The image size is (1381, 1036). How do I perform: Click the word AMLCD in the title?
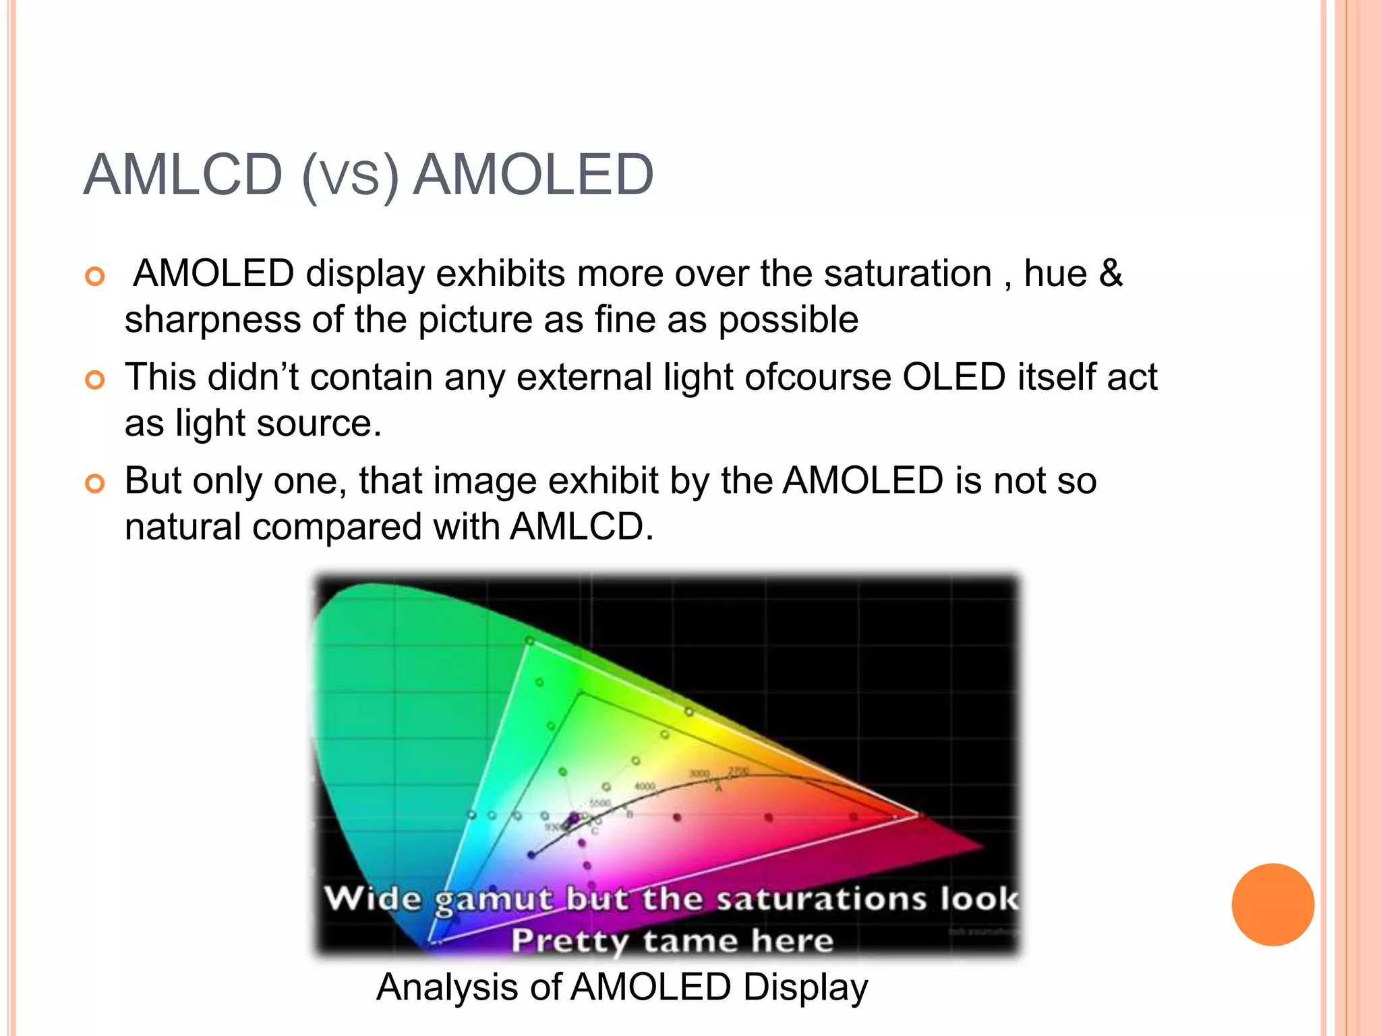point(182,175)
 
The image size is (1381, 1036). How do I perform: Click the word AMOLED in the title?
point(533,175)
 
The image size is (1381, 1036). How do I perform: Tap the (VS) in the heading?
point(350,177)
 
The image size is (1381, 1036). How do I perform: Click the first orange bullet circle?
point(95,277)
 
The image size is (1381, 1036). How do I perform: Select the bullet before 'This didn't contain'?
point(95,380)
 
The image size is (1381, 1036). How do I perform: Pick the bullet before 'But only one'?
point(95,484)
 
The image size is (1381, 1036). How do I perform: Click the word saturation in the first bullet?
point(907,275)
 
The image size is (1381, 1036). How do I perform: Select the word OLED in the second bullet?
point(953,377)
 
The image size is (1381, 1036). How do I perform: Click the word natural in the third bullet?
point(183,527)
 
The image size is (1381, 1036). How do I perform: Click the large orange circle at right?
point(1272,904)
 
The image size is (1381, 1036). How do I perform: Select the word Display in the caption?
point(805,987)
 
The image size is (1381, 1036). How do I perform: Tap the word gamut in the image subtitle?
point(494,900)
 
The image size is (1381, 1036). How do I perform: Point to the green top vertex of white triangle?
point(529,641)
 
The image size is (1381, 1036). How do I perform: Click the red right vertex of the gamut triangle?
point(918,815)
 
